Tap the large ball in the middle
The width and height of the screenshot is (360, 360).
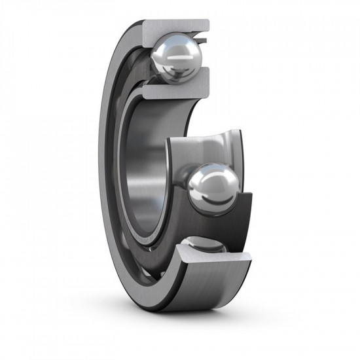pyautogui.click(x=213, y=187)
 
